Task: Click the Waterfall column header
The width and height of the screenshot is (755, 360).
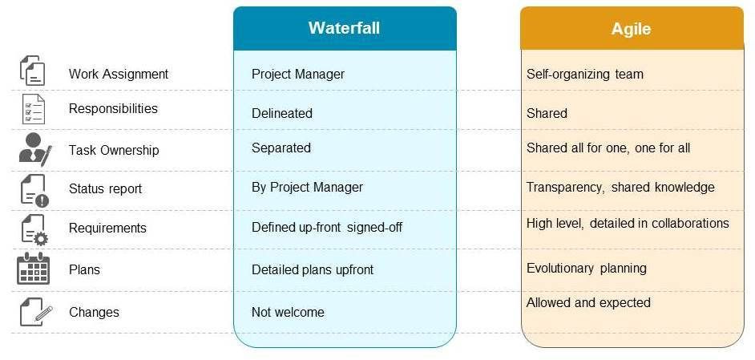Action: pyautogui.click(x=344, y=28)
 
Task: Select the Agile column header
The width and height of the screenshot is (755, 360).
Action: pyautogui.click(x=631, y=29)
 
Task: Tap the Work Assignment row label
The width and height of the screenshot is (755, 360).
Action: pyautogui.click(x=119, y=74)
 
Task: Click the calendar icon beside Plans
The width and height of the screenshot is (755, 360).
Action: pyautogui.click(x=34, y=269)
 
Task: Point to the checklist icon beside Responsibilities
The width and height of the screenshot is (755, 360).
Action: pyautogui.click(x=34, y=109)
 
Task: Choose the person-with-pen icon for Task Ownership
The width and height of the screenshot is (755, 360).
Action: pyautogui.click(x=34, y=149)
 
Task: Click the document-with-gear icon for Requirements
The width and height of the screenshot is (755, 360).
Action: pyautogui.click(x=34, y=229)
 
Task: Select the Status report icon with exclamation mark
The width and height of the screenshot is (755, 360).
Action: pyautogui.click(x=34, y=190)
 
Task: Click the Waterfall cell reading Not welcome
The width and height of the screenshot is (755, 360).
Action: pyautogui.click(x=288, y=312)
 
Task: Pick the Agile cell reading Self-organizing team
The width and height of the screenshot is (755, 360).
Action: pyautogui.click(x=584, y=74)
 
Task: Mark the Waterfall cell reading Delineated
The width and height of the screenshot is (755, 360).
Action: pyautogui.click(x=281, y=113)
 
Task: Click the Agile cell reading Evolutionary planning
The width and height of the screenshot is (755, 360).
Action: pyautogui.click(x=586, y=268)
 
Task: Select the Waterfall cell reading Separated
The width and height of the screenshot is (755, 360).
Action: pyautogui.click(x=281, y=148)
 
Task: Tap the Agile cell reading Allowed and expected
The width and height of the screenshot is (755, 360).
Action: pyautogui.click(x=587, y=302)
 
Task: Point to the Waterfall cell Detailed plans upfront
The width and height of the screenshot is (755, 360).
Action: pyautogui.click(x=312, y=269)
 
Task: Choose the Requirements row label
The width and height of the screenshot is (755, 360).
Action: pyautogui.click(x=107, y=228)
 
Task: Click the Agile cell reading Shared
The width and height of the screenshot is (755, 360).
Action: pyautogui.click(x=547, y=113)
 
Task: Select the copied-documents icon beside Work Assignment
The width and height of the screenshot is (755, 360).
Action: pyautogui.click(x=32, y=71)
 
